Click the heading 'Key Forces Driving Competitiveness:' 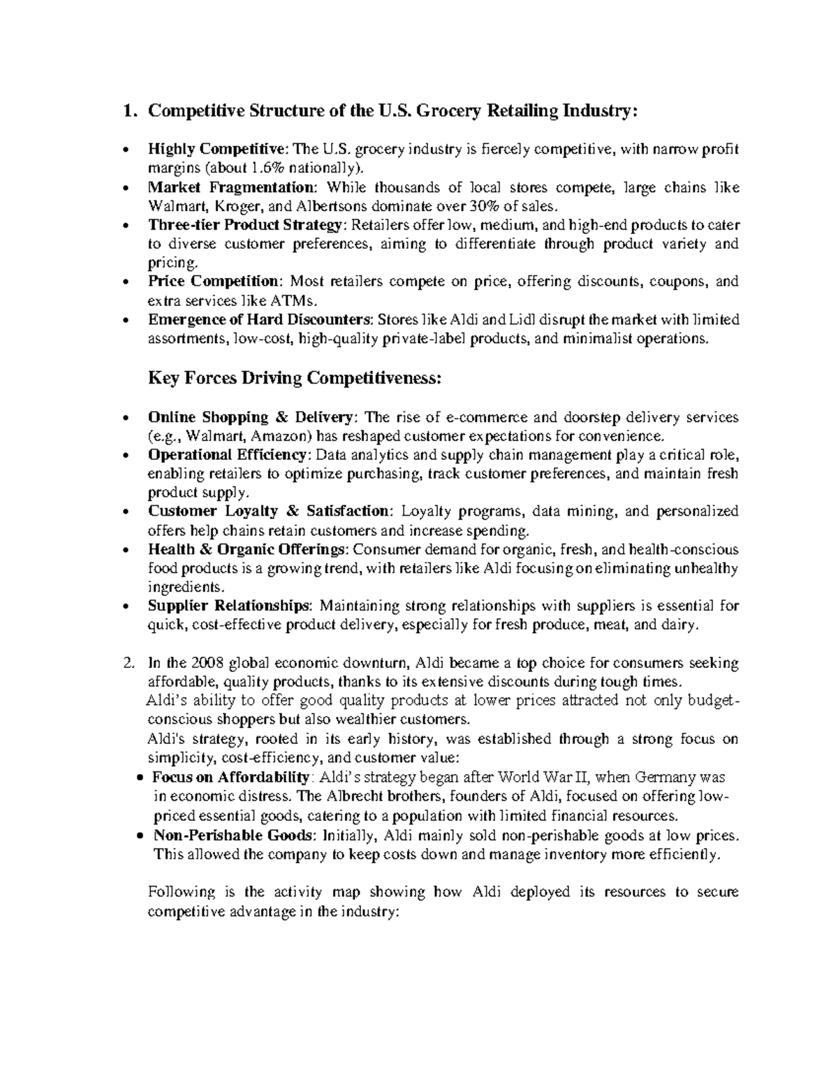[295, 379]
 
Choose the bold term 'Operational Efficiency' [230, 456]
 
